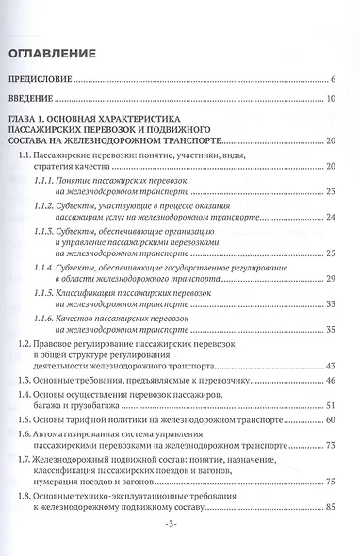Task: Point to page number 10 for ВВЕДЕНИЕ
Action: point(332,100)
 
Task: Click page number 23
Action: point(331,191)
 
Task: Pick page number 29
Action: point(331,278)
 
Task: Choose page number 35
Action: point(331,329)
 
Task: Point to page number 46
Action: point(331,381)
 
